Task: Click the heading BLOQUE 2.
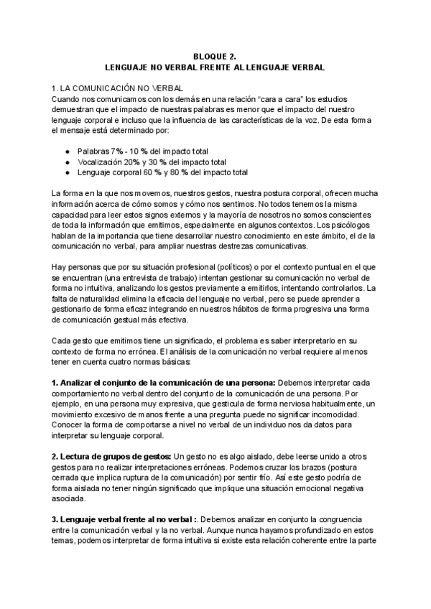pos(215,54)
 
